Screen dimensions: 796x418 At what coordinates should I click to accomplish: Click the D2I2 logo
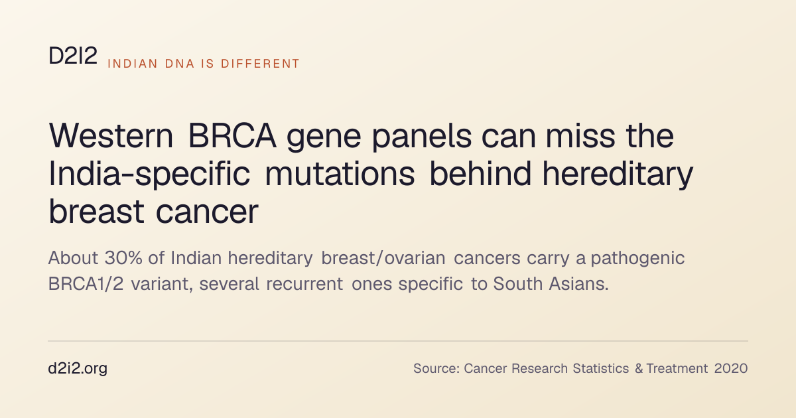pyautogui.click(x=73, y=56)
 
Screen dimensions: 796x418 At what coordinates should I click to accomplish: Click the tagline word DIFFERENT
pyautogui.click(x=261, y=64)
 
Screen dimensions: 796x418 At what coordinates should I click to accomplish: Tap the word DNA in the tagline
pyautogui.click(x=180, y=64)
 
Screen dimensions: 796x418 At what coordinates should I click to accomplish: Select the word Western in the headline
pyautogui.click(x=111, y=136)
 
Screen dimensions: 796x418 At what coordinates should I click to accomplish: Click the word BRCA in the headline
pyautogui.click(x=232, y=136)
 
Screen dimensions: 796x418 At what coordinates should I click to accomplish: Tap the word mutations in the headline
pyautogui.click(x=340, y=174)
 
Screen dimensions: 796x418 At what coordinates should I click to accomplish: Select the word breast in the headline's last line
pyautogui.click(x=96, y=212)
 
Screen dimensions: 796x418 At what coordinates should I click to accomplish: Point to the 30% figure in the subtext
pyautogui.click(x=123, y=257)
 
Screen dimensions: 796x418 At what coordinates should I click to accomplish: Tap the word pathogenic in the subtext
pyautogui.click(x=637, y=259)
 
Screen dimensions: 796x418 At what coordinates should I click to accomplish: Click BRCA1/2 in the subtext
pyautogui.click(x=86, y=284)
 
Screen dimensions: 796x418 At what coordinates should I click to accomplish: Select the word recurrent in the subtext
pyautogui.click(x=304, y=285)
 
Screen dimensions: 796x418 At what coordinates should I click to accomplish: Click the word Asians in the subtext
pyautogui.click(x=578, y=284)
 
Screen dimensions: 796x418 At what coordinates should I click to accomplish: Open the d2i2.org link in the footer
pyautogui.click(x=78, y=369)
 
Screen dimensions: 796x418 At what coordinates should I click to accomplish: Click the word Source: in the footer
pyautogui.click(x=436, y=369)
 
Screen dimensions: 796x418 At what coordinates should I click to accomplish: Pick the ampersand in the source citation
pyautogui.click(x=639, y=369)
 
